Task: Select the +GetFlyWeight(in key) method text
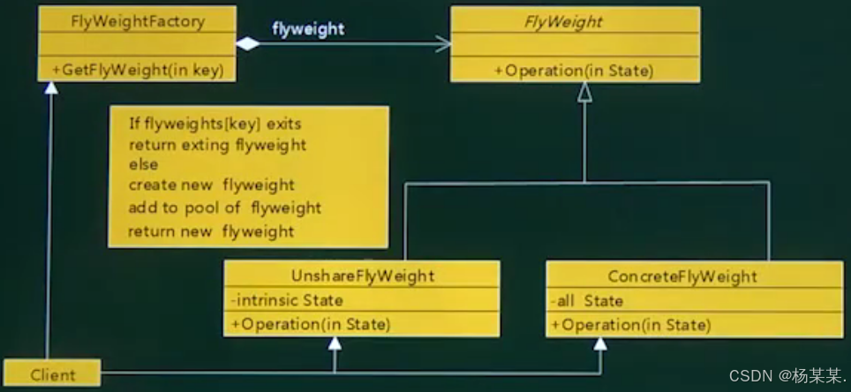coord(137,69)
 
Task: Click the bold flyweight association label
coord(308,29)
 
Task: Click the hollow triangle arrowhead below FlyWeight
coord(584,91)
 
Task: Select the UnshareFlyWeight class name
coord(362,275)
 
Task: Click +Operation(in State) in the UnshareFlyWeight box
coord(310,324)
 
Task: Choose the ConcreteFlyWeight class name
coord(682,276)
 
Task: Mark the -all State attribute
coord(587,301)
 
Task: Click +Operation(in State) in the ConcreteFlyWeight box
coord(630,325)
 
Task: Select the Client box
coord(52,373)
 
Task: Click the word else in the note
coord(143,164)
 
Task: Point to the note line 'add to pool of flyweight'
coord(225,208)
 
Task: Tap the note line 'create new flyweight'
coord(212,185)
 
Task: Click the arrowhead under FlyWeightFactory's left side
coord(50,88)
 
